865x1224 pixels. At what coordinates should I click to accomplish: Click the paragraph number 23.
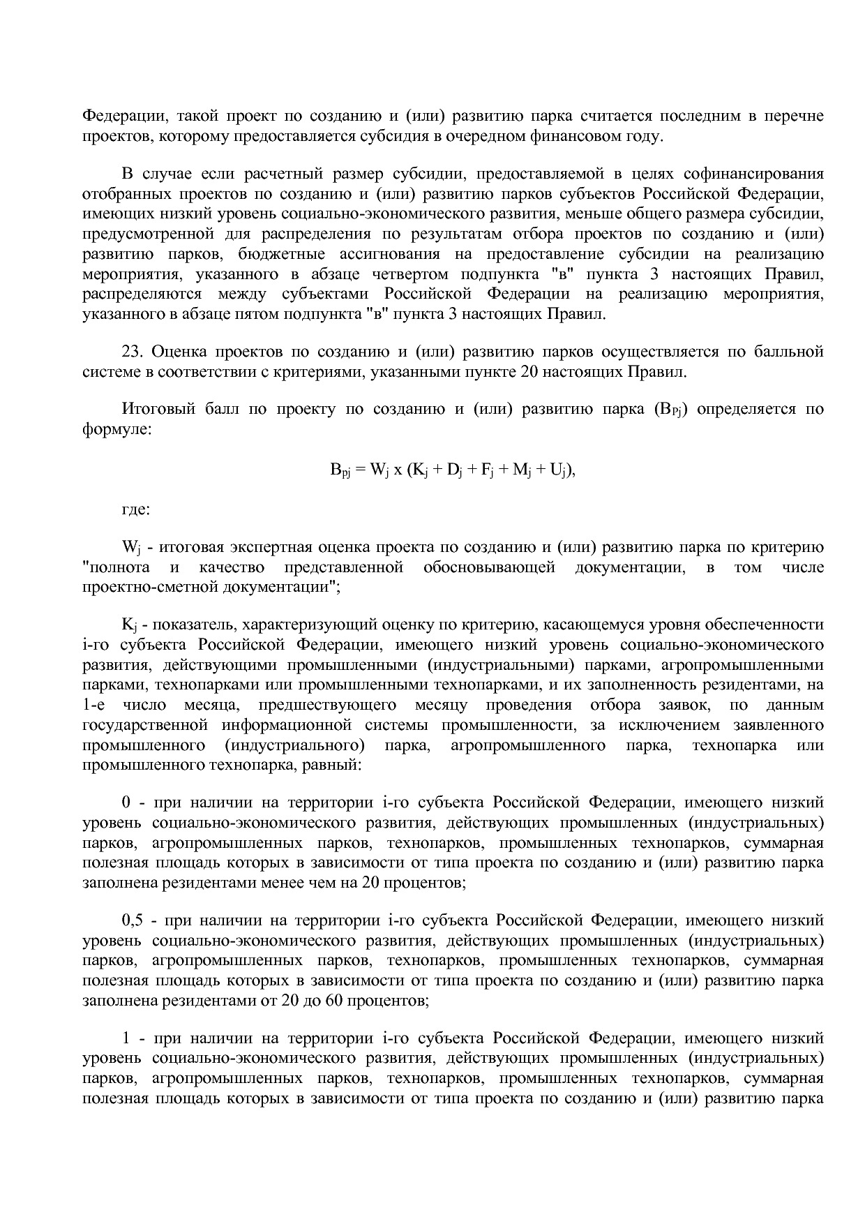132,352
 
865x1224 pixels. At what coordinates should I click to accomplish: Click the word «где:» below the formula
135,509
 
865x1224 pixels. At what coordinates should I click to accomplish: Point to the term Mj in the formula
522,470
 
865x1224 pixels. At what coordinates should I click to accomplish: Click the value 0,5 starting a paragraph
132,921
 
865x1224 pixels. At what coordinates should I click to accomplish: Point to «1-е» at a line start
93,706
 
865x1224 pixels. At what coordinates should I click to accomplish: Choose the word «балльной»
788,352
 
